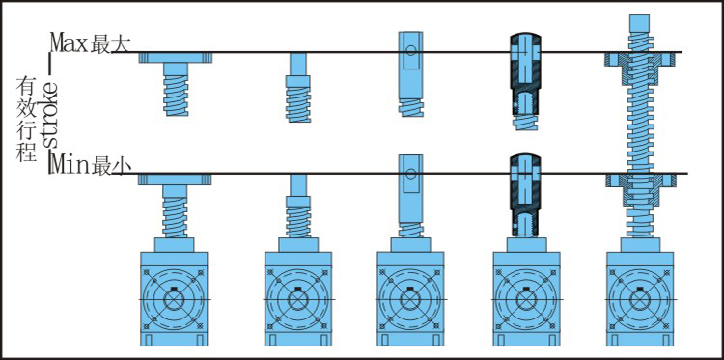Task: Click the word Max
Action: (70, 42)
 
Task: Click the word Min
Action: (70, 165)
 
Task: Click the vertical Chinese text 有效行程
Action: (26, 119)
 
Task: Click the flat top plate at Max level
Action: (176, 58)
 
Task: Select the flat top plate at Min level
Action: (175, 180)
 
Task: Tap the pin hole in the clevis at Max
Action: (411, 50)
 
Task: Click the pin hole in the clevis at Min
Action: (411, 174)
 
